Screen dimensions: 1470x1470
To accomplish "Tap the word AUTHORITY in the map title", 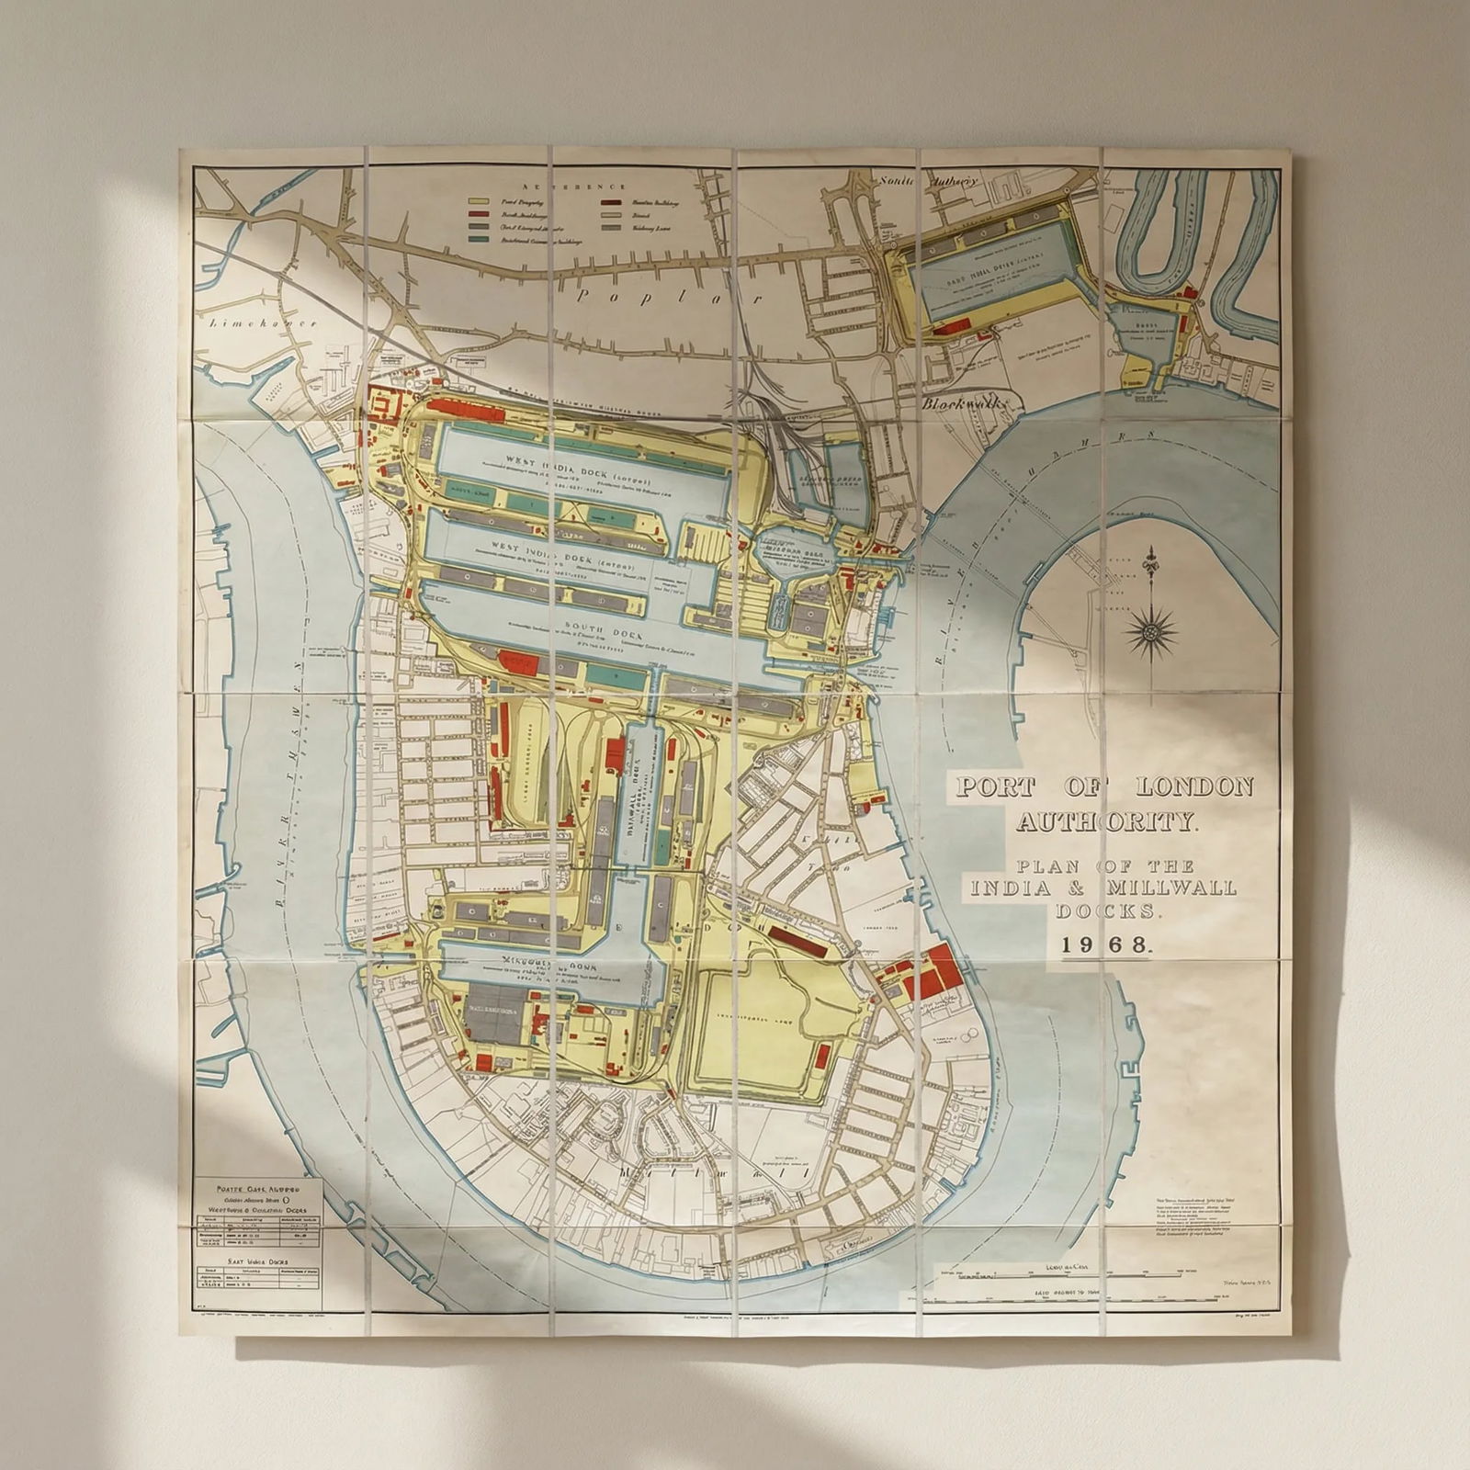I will click(1107, 820).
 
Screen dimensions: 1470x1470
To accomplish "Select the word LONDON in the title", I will click(1194, 787).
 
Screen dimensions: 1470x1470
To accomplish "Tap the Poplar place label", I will click(671, 297).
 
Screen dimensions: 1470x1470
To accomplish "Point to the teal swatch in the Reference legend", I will click(478, 239).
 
